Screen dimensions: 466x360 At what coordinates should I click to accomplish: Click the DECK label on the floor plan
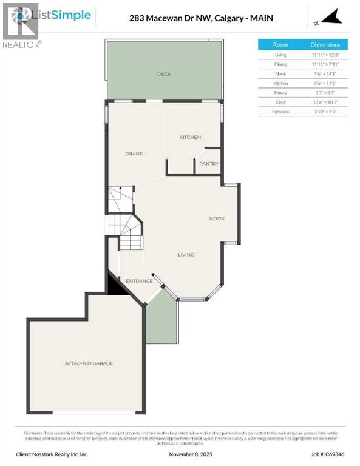[165, 74]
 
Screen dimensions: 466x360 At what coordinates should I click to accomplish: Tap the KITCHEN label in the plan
[189, 138]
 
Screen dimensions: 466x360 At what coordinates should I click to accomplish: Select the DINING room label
[134, 154]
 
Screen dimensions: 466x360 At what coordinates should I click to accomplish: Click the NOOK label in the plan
[217, 218]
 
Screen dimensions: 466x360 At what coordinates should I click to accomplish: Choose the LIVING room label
[186, 254]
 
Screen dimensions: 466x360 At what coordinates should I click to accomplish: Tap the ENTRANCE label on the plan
[138, 281]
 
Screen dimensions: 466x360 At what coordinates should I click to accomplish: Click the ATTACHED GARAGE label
[89, 363]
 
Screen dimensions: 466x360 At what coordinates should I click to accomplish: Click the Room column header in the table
[280, 45]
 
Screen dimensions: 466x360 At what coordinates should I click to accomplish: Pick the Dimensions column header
[326, 45]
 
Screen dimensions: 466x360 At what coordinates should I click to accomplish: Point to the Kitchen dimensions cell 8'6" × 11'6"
[326, 83]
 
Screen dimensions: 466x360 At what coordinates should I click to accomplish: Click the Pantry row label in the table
[280, 92]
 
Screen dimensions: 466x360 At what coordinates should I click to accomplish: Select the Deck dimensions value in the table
[326, 102]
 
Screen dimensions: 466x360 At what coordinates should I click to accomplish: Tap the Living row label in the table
[280, 55]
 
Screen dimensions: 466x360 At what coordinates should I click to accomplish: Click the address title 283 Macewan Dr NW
[201, 18]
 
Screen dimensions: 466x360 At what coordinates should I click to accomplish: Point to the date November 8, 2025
[180, 454]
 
